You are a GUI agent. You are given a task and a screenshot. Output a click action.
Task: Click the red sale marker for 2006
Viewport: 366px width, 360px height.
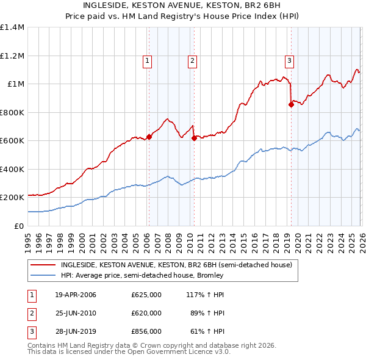click(x=149, y=137)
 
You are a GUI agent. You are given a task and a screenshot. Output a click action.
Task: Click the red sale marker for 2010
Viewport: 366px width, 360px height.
click(x=194, y=138)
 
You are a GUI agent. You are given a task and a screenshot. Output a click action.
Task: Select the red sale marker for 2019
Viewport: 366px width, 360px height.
click(x=291, y=105)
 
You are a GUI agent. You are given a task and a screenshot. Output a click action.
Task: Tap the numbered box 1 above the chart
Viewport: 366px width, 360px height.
click(x=148, y=60)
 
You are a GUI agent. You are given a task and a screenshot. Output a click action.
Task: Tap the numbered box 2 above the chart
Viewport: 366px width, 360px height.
click(x=192, y=60)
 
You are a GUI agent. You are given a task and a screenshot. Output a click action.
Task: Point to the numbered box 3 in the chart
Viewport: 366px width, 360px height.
click(x=289, y=60)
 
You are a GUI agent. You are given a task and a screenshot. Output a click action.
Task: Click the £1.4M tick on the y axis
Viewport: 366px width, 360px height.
click(x=12, y=27)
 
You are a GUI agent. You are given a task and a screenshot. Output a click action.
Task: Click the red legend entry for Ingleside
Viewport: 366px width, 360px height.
click(x=177, y=265)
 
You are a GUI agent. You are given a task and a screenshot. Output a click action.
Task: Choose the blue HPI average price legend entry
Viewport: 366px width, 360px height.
click(x=142, y=275)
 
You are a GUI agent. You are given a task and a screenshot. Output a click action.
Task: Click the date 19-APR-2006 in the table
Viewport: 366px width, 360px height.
click(x=76, y=295)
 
